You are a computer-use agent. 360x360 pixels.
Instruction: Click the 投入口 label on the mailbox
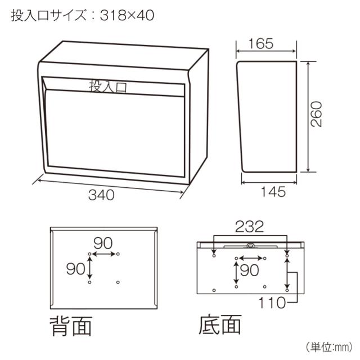pos(109,86)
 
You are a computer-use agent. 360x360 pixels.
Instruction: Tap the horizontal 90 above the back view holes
pos(103,243)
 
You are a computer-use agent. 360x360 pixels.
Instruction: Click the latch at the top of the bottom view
pos(250,245)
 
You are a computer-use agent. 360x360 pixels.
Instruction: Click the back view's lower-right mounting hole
pos(117,281)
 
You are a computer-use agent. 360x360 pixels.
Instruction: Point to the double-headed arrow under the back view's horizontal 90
pos(103,255)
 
